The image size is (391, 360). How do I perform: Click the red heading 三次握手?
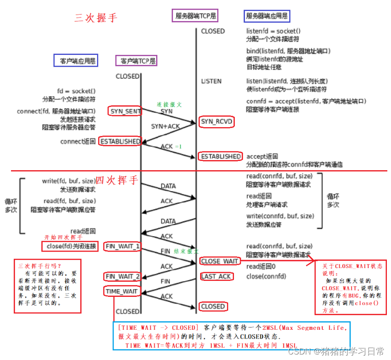(96, 18)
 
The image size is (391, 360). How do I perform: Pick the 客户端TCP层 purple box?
(136, 60)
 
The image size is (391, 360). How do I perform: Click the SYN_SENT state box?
(125, 111)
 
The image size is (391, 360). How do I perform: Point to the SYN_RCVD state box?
(217, 122)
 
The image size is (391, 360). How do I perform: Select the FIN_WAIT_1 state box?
(123, 246)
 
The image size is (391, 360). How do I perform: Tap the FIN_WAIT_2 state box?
(123, 276)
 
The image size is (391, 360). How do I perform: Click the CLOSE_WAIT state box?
(220, 261)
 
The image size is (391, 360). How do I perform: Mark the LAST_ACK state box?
(217, 276)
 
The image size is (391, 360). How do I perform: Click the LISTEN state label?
(211, 81)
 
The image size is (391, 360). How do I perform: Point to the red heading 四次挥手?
(116, 180)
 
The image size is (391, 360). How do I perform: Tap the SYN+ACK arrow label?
(165, 126)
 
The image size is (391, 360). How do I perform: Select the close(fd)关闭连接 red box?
(70, 246)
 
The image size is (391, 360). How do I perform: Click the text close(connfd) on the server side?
(266, 276)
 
